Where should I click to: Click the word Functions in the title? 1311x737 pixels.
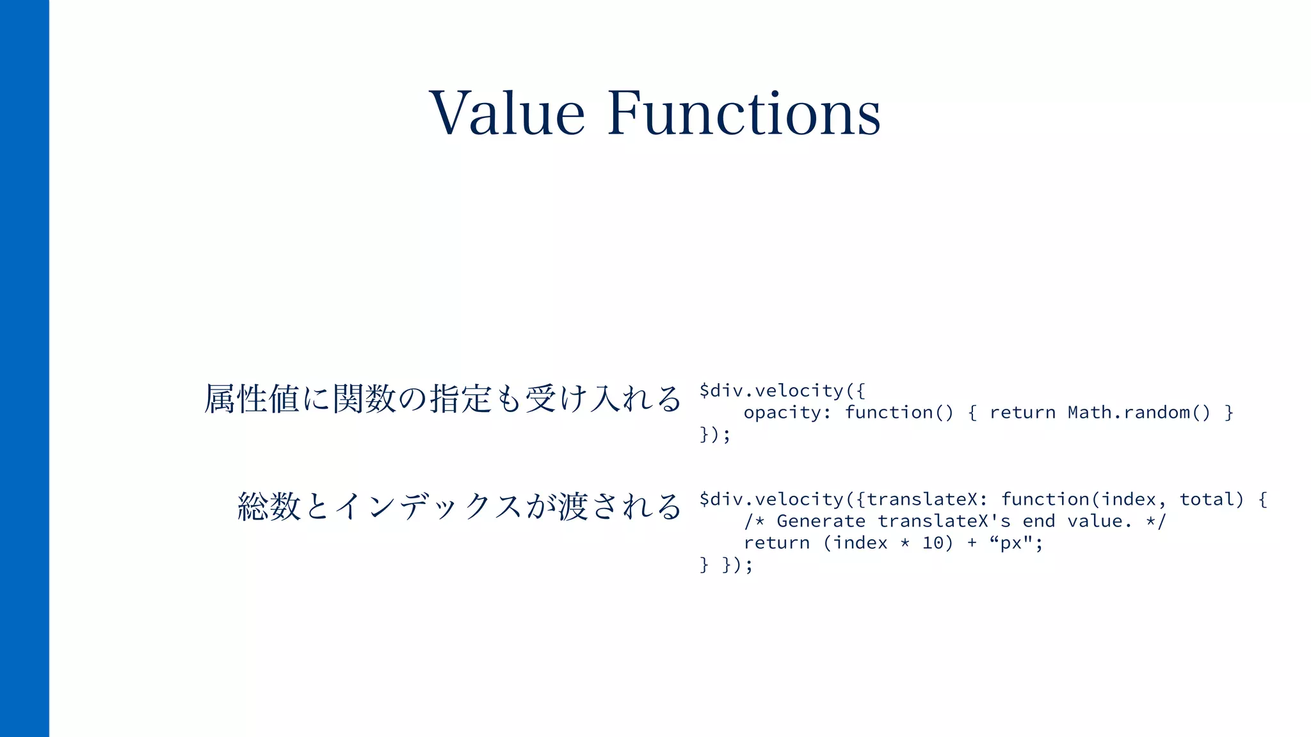pos(744,113)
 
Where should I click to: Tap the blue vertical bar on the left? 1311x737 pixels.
pos(24,368)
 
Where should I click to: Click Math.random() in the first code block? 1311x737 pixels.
pos(1139,413)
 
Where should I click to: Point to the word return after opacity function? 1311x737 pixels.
pos(1022,413)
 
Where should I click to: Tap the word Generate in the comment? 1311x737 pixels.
pos(821,521)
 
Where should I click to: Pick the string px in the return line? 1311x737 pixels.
pos(1011,544)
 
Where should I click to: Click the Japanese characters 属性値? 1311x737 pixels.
pos(252,399)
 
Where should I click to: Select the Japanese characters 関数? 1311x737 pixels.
pos(364,399)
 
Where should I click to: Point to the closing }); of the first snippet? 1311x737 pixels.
pos(714,434)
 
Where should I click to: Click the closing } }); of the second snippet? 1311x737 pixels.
pos(726,565)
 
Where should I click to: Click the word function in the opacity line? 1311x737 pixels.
pos(889,413)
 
